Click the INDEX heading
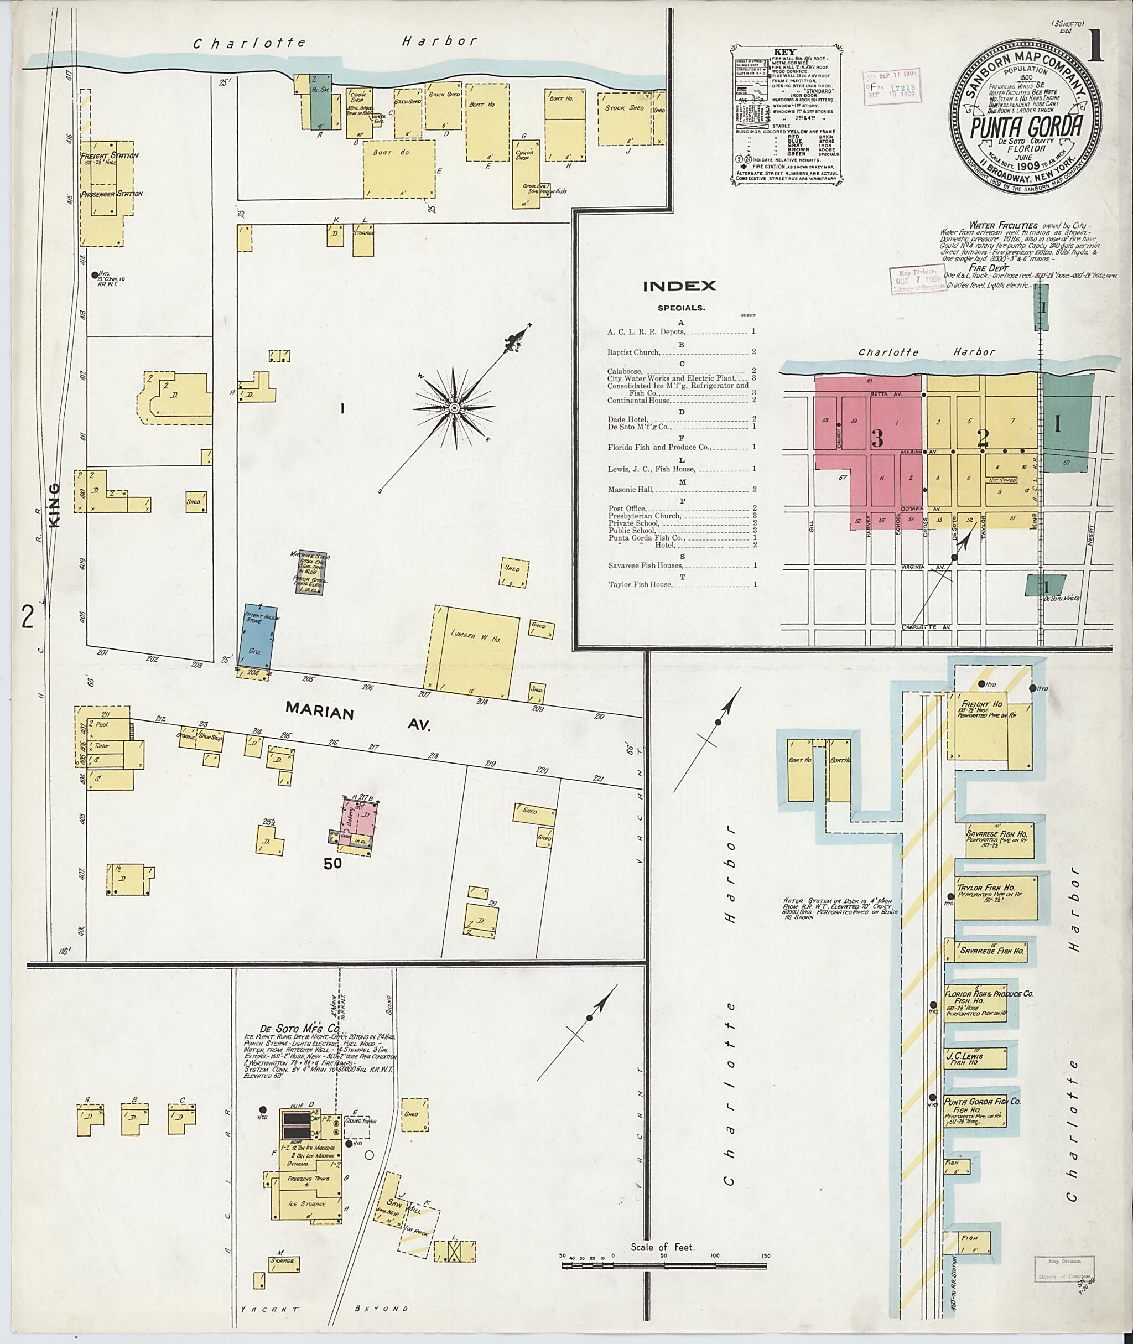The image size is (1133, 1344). (x=679, y=287)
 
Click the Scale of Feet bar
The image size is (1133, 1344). (x=663, y=1267)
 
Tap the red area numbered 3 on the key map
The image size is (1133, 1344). (x=877, y=438)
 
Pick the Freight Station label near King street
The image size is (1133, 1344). (x=109, y=155)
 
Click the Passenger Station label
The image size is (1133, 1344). (x=111, y=193)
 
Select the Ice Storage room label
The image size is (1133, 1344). (x=306, y=1204)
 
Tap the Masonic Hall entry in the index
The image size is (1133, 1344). (x=631, y=490)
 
